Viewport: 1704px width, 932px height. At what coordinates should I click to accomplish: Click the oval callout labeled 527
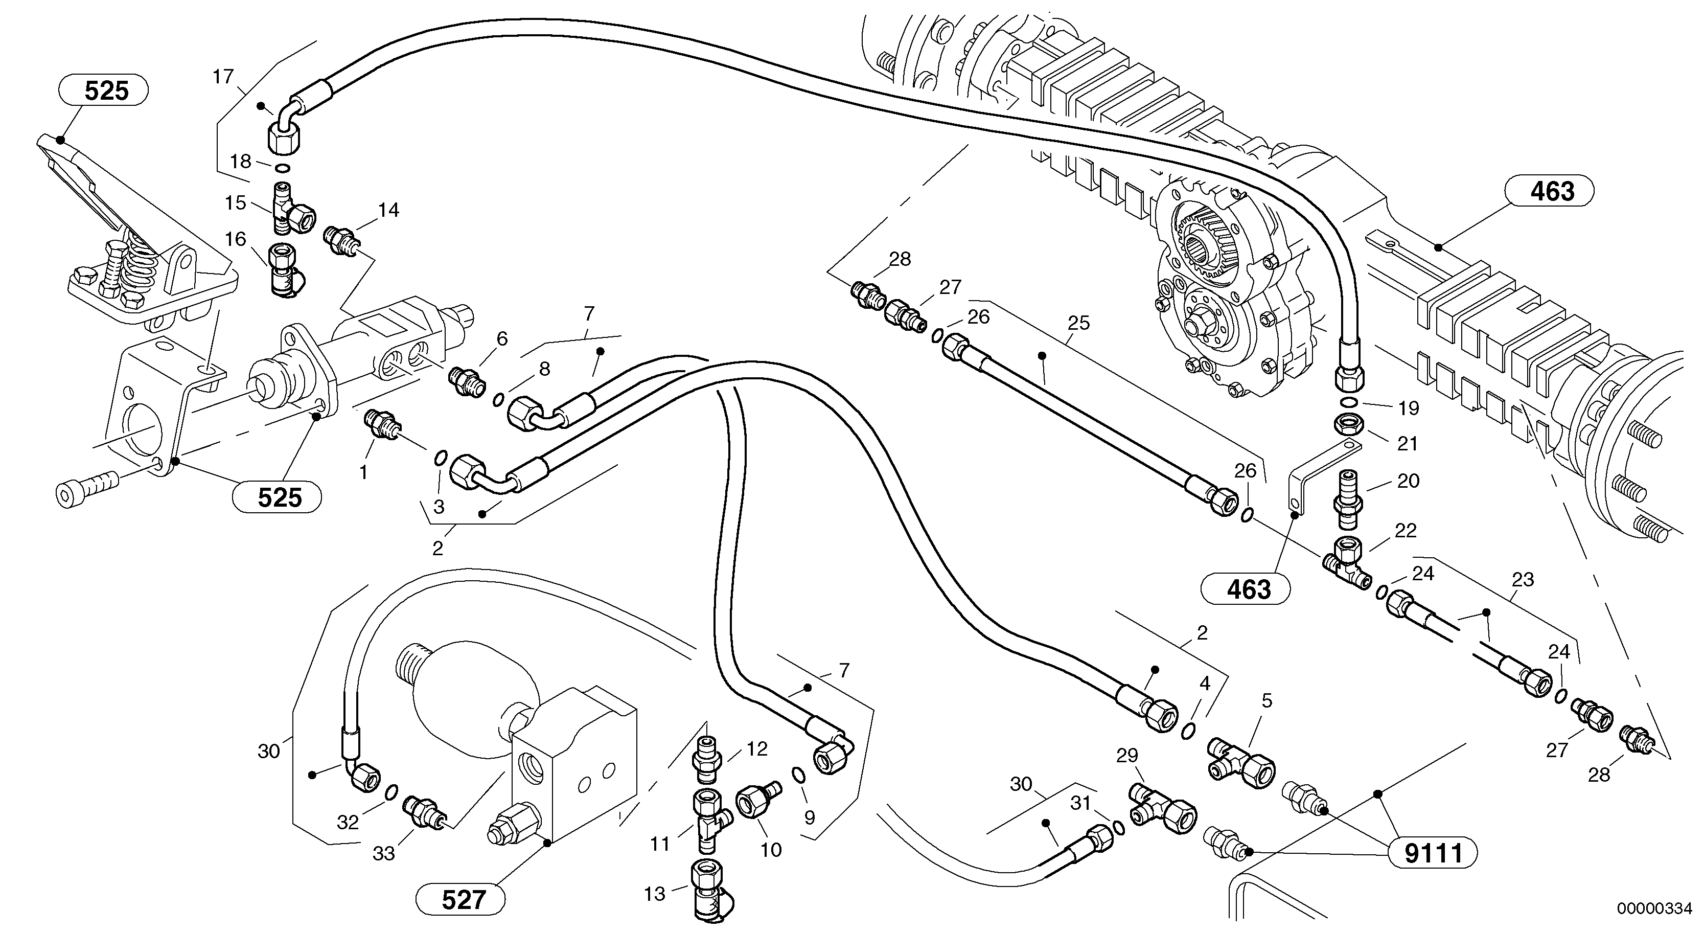(x=461, y=900)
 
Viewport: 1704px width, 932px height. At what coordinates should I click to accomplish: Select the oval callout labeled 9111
(x=1432, y=853)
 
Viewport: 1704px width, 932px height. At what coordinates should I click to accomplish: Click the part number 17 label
(x=223, y=77)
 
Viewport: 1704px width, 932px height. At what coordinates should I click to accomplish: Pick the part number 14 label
(x=388, y=210)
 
